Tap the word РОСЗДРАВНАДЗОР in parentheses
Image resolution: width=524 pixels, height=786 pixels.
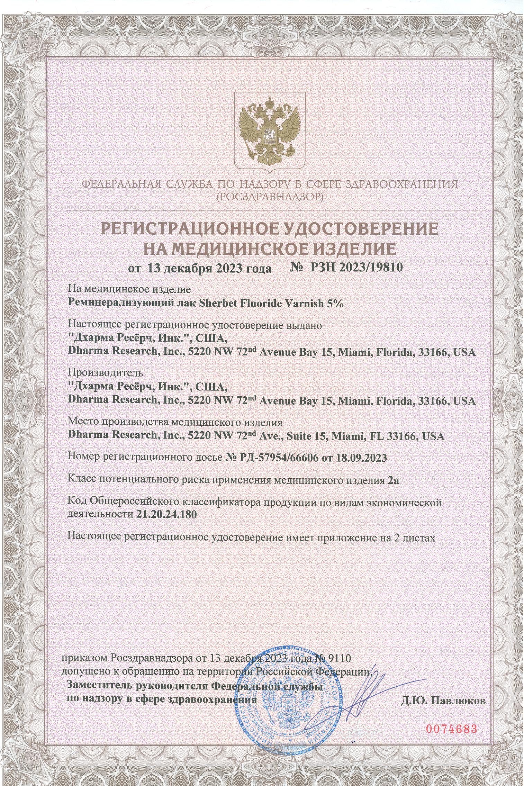tap(269, 197)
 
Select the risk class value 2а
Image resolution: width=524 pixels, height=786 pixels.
tap(393, 480)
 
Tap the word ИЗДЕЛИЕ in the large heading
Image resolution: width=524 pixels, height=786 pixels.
tap(351, 249)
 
